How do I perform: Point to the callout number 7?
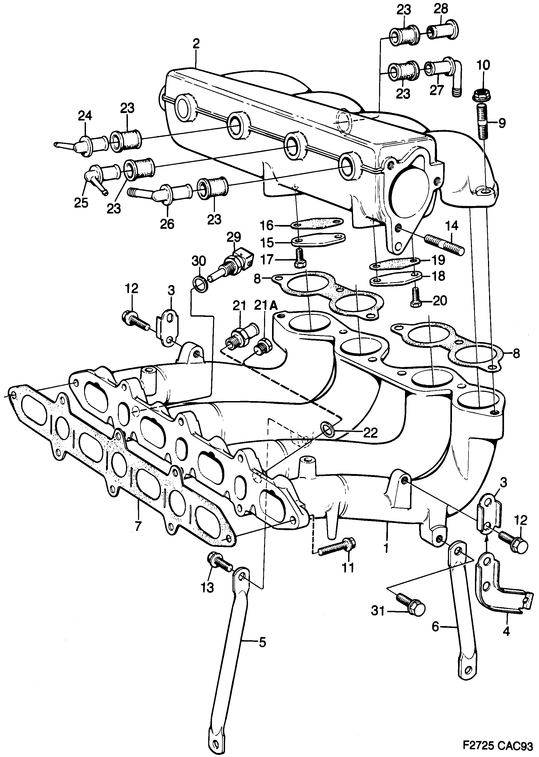point(138,526)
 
